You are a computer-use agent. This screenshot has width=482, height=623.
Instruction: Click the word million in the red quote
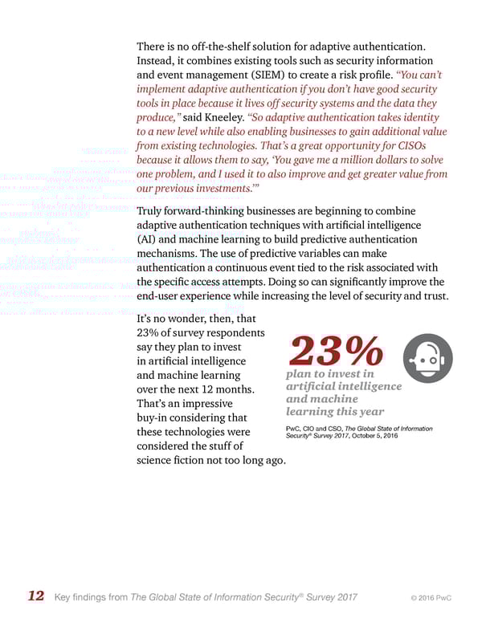[321, 161]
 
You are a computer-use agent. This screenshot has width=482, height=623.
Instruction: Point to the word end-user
[163, 298]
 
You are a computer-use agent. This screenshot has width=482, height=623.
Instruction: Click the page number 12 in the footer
[35, 596]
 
